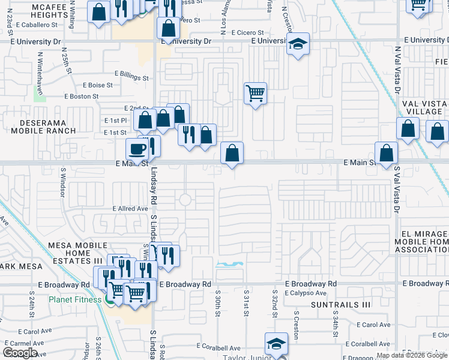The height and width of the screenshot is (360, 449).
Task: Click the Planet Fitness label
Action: tap(75, 299)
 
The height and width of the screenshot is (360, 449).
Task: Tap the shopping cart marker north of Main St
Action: tap(256, 94)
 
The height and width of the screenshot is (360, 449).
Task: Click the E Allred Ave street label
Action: tap(130, 208)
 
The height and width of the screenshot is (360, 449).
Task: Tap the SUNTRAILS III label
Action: tap(341, 305)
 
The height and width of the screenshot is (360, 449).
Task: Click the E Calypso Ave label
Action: tap(306, 293)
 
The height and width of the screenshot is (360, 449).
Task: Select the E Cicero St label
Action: tap(243, 32)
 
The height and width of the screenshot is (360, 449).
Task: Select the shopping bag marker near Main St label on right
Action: tap(387, 154)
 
